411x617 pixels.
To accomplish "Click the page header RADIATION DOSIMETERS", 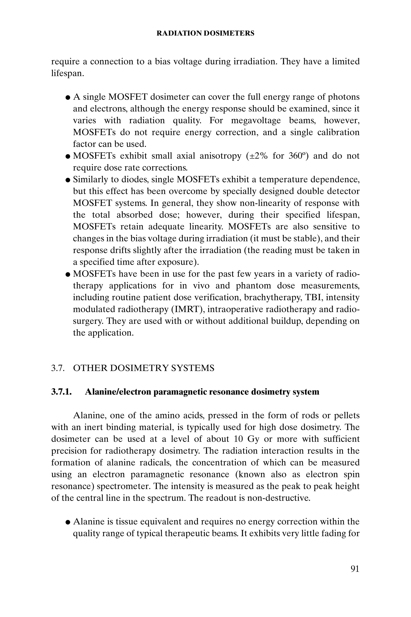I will (x=205, y=33).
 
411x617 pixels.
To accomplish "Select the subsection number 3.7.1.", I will (x=61, y=392).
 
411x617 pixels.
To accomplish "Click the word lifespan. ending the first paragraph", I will (x=67, y=73).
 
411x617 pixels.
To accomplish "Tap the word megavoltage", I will (x=255, y=121).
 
